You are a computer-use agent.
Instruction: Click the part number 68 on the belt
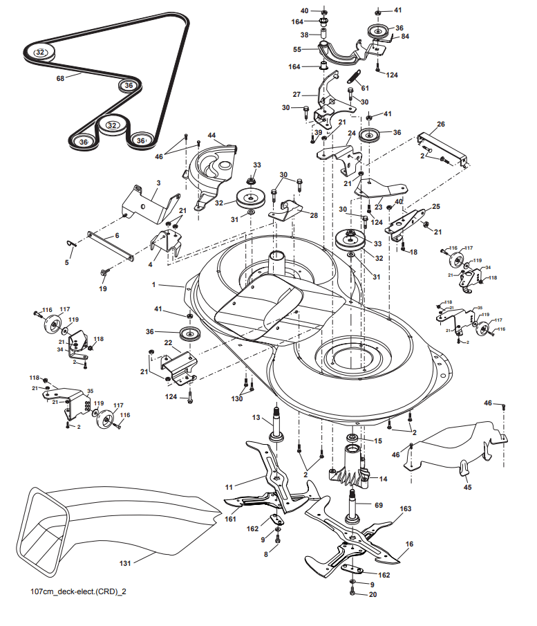60,79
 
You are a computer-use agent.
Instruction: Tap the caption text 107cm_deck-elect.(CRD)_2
78,591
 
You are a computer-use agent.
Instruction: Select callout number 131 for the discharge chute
125,563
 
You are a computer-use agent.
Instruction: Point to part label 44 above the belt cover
212,136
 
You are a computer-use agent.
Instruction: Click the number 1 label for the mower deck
153,285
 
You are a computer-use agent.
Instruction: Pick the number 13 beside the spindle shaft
256,418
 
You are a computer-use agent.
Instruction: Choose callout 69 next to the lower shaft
379,505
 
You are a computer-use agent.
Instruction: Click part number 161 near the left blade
231,519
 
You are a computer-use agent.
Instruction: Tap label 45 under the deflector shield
468,487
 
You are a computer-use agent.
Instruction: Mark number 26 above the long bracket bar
441,124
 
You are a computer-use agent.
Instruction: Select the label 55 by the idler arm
297,50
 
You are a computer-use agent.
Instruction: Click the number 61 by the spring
365,89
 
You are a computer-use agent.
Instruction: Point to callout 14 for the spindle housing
384,479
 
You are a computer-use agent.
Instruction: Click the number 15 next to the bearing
378,441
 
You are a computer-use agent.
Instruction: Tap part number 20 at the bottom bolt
373,594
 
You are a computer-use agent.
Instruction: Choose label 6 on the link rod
117,236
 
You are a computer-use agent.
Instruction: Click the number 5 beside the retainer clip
67,262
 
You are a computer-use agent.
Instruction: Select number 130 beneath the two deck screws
237,398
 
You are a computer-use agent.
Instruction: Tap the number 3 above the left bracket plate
158,183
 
